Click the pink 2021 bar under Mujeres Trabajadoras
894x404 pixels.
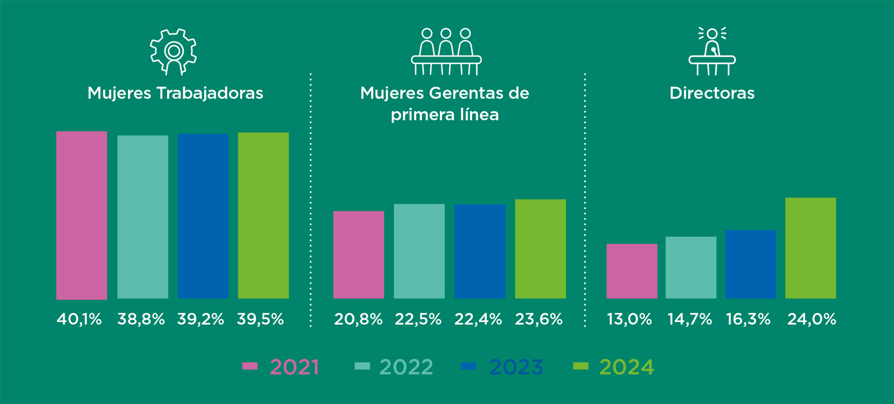81,215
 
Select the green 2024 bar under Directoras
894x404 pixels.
810,248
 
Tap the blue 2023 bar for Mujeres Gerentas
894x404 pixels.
480,251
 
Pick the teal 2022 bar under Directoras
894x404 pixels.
691,267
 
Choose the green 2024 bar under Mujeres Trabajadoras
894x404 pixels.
263,215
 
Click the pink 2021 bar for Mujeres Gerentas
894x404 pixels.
359,255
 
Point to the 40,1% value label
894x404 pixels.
79,319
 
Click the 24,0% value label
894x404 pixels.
812,319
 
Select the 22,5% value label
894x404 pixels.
418,319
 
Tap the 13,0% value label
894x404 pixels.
630,319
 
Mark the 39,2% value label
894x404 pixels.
201,319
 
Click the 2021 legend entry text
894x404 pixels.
294,367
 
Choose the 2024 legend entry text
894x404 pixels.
626,367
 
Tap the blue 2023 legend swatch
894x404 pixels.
468,366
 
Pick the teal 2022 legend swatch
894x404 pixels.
362,366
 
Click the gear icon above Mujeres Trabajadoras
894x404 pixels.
174,51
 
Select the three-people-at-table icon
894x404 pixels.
446,51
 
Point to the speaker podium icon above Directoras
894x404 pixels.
712,51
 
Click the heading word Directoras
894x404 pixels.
712,93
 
